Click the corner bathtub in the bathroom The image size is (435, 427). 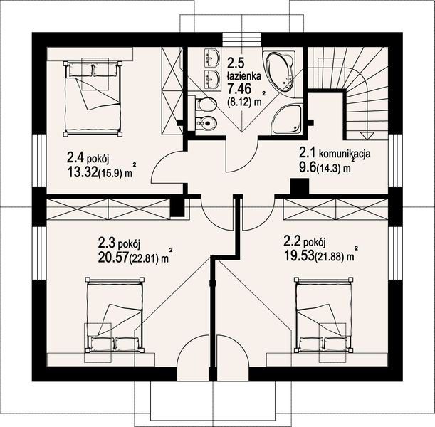coord(280,73)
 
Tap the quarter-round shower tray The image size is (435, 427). coord(287,120)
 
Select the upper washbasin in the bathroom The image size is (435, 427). coord(212,58)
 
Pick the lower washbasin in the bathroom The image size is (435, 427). coord(212,80)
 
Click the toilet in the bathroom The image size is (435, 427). coord(206,104)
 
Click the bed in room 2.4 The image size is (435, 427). coord(93,99)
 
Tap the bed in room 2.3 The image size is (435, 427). coord(115,315)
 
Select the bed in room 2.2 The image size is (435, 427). coord(323,315)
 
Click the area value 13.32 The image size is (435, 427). coord(83,174)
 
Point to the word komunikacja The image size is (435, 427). coord(345,154)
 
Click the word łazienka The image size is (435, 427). coord(244,75)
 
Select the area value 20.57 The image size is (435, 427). coord(113,258)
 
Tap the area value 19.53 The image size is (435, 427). coord(299,255)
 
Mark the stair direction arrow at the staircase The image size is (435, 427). coord(367,136)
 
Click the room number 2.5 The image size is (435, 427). coord(236,63)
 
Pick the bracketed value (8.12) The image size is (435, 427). coord(241,102)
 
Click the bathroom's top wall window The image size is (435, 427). coord(242,39)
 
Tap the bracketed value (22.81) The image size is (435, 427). coord(144,258)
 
